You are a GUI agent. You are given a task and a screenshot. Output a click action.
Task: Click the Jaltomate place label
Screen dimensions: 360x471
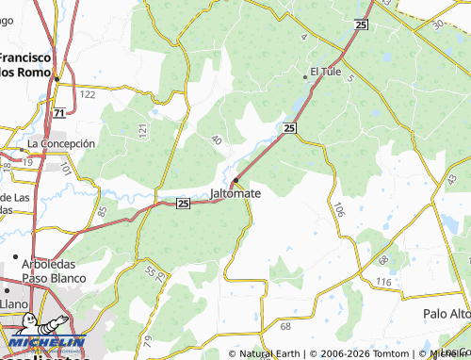point(235,193)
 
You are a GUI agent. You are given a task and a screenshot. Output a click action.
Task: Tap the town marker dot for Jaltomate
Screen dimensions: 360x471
point(235,180)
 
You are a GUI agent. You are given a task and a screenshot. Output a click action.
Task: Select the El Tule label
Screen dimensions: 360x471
point(325,71)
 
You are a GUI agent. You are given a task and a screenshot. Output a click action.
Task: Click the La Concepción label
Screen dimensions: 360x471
point(62,143)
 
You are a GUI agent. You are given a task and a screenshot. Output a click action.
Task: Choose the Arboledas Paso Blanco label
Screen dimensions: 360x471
point(55,271)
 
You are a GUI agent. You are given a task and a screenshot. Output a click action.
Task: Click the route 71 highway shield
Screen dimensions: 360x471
point(59,113)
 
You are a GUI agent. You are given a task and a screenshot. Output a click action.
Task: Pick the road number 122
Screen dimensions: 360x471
point(88,94)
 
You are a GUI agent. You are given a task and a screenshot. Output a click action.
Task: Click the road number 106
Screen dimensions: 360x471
point(339,211)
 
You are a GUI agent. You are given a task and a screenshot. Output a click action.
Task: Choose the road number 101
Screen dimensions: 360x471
point(65,169)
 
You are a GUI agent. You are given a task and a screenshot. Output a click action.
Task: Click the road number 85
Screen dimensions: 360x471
point(101,212)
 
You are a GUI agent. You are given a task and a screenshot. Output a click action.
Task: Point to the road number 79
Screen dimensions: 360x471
point(146,338)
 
